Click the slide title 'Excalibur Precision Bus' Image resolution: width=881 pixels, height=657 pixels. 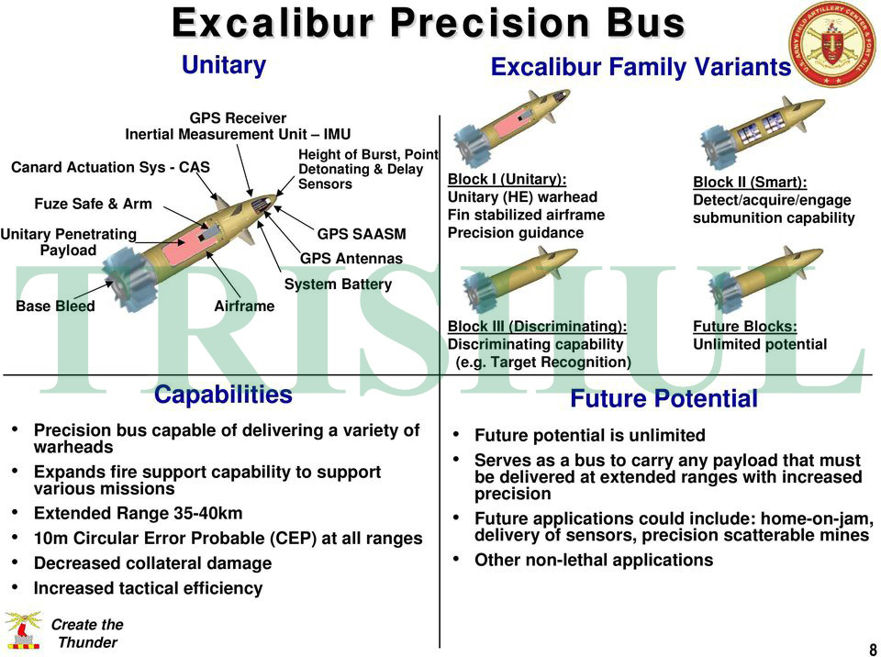point(429,23)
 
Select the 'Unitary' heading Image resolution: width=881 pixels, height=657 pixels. point(223,65)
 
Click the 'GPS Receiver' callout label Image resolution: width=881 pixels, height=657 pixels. point(238,117)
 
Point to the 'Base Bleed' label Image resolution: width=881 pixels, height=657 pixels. point(55,306)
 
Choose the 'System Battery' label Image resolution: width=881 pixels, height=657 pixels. point(338,284)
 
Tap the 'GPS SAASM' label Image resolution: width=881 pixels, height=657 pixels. point(362,235)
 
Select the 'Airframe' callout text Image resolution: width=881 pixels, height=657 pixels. point(244,306)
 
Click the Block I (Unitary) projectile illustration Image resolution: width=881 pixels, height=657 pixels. point(510,127)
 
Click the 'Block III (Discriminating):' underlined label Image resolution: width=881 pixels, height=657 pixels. point(537,327)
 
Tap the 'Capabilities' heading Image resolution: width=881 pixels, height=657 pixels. point(223,395)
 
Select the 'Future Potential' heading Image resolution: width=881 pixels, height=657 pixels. point(664,399)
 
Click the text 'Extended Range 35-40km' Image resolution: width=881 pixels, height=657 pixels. point(138,514)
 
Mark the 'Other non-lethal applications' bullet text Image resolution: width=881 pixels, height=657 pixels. point(593,560)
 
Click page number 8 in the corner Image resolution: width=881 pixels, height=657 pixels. point(872,649)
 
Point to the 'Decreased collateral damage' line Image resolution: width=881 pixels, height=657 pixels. point(152,563)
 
